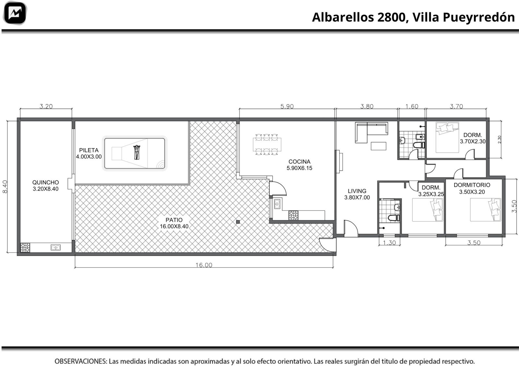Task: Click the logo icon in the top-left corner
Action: [x=15, y=13]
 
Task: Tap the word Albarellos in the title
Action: [x=343, y=17]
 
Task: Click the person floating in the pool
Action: [x=137, y=152]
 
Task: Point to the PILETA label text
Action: [x=89, y=150]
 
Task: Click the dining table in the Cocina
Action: [x=267, y=144]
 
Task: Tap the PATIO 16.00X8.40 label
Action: [x=174, y=223]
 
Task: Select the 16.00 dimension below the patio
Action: [x=204, y=265]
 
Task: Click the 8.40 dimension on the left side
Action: [x=5, y=187]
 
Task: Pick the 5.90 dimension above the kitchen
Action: [x=287, y=106]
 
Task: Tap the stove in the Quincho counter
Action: [x=25, y=247]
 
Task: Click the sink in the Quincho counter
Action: [x=55, y=247]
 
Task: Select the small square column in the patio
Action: [x=238, y=222]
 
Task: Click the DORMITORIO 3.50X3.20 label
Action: [x=472, y=188]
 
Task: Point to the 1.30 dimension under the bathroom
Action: [x=389, y=243]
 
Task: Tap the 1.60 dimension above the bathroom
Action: [x=412, y=106]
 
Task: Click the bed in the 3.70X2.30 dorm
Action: [x=447, y=137]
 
